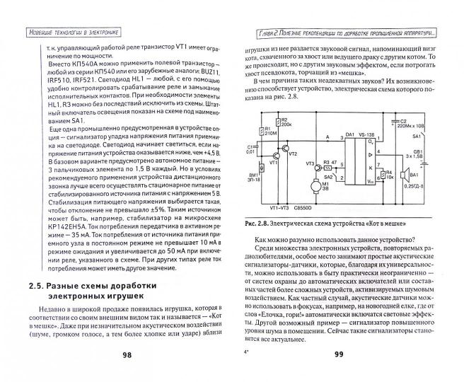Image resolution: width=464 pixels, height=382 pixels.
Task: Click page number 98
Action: click(x=124, y=354)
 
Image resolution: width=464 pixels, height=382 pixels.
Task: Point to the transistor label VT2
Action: click(x=294, y=154)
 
